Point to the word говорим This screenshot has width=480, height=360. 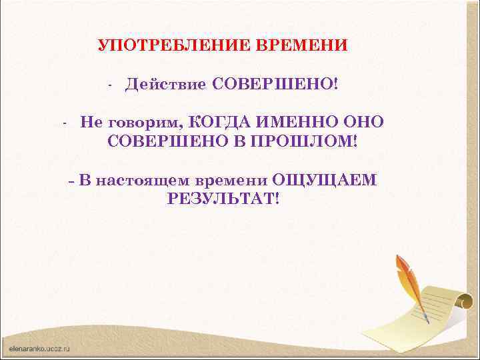[139, 123]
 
